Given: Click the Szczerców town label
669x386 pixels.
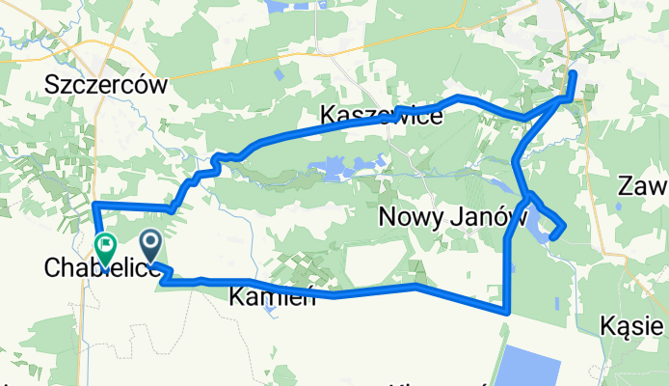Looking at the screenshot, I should click(106, 85).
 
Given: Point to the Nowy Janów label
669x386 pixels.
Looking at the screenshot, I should click(443, 217).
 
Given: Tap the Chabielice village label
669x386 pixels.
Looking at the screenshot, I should click(102, 270).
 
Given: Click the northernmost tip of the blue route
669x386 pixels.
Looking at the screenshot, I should click(574, 73).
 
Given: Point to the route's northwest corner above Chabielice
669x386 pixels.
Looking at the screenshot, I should click(94, 205).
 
